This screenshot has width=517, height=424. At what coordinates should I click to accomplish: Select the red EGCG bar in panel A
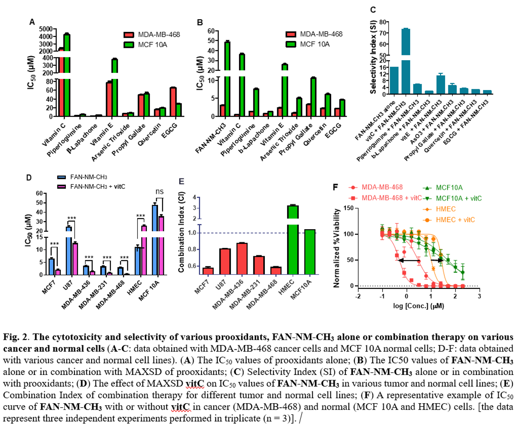point(173,102)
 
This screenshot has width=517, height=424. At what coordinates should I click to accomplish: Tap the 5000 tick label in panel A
point(46,29)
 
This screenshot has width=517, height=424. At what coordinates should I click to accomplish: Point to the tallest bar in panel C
point(406,60)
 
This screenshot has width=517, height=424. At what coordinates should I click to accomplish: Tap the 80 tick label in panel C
point(382,22)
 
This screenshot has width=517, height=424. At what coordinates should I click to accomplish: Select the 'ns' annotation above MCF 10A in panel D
point(160,192)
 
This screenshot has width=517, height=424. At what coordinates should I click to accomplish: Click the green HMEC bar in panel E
point(293,239)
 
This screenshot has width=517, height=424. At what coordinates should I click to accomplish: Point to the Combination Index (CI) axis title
point(182,235)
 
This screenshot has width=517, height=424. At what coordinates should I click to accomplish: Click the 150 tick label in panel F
point(348,208)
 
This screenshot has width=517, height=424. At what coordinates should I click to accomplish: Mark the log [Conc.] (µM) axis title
point(418,306)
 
